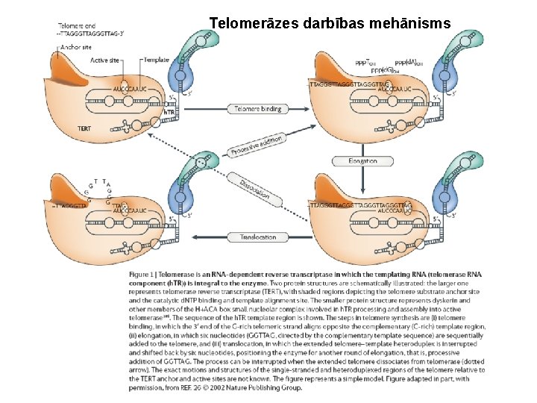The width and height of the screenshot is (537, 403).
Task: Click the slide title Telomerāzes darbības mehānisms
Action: coord(330,23)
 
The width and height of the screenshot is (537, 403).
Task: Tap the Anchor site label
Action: coord(77,46)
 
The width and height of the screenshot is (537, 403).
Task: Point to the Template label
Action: coord(157,60)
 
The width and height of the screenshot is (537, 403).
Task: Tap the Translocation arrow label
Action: coord(258,237)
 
